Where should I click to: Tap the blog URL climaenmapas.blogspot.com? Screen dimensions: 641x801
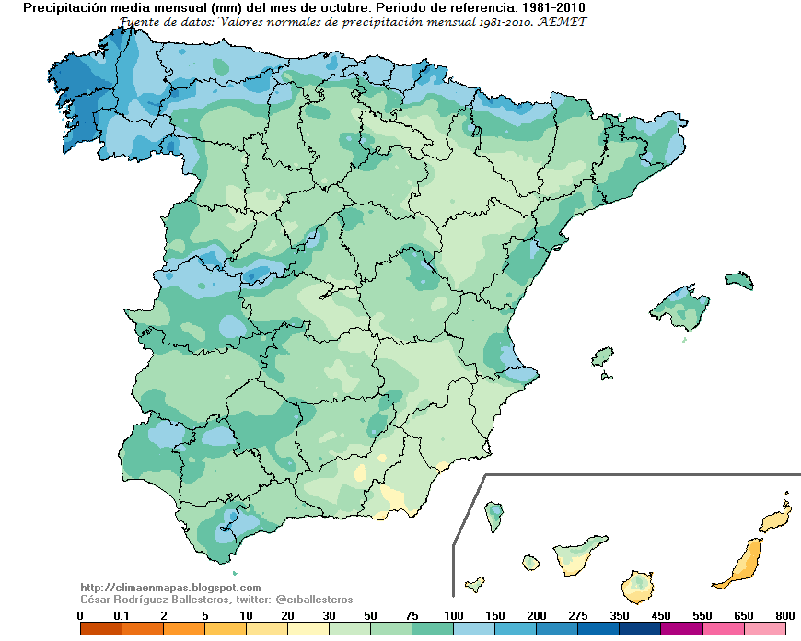(170, 588)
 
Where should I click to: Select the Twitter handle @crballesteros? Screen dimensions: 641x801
(314, 600)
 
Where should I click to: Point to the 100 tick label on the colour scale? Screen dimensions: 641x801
(453, 615)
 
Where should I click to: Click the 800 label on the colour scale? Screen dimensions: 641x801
(784, 615)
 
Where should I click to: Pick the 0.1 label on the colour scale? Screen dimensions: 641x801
(122, 615)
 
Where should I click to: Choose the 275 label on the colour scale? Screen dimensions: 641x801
(577, 615)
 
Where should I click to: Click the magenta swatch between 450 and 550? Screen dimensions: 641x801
(681, 629)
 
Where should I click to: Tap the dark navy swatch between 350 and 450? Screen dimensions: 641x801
(640, 629)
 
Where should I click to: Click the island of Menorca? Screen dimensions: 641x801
(739, 280)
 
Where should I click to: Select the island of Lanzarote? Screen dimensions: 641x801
(776, 519)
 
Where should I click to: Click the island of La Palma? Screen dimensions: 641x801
(494, 517)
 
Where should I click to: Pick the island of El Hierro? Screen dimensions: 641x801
(475, 584)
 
